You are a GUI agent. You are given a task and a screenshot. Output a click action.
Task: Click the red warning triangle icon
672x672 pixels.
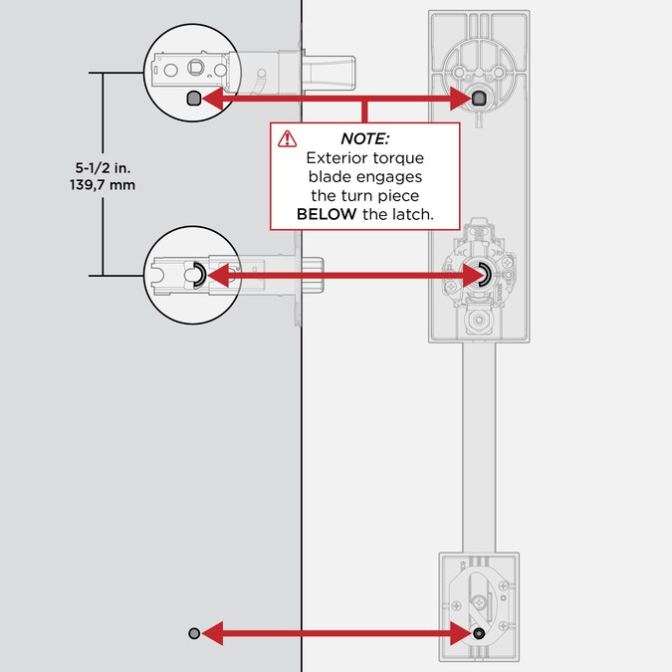(288, 139)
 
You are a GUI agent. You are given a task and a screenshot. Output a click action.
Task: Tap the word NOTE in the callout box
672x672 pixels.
(364, 138)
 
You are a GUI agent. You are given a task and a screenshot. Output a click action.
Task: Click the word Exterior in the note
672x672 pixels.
(335, 157)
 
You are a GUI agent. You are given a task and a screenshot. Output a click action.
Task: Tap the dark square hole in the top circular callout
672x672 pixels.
(193, 98)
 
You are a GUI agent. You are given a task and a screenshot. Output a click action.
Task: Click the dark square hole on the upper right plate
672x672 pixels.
(480, 98)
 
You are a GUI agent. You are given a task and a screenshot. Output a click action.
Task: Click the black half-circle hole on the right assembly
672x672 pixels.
(482, 276)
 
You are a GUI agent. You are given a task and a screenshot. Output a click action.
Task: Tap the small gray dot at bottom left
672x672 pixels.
(194, 633)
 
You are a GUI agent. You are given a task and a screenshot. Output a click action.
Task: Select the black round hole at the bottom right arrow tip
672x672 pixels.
(480, 633)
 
